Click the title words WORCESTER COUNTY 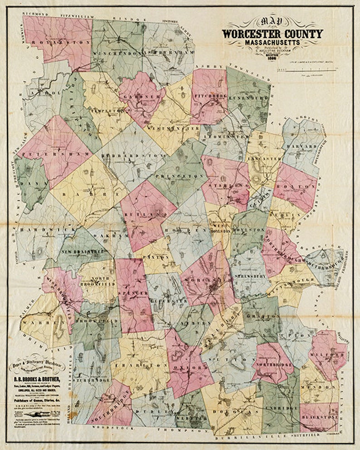[272, 34]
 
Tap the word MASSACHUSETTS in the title [272, 43]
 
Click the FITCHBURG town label [210, 96]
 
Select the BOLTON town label [298, 186]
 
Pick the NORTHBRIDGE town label [277, 365]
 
